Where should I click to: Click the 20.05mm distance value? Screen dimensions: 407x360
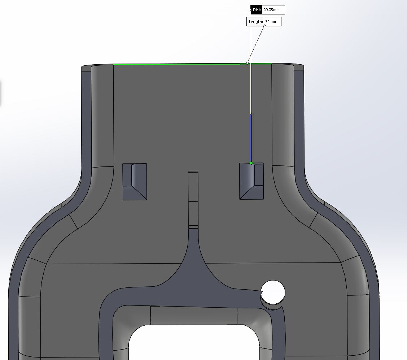[271, 10]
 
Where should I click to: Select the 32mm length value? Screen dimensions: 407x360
[271, 22]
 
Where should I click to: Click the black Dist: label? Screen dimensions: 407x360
[257, 10]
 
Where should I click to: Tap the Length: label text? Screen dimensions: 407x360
[256, 22]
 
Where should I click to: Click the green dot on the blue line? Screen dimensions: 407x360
[251, 163]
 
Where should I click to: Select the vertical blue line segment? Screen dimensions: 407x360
[251, 138]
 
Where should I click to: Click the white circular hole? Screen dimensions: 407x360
[273, 292]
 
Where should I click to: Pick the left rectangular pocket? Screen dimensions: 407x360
[135, 182]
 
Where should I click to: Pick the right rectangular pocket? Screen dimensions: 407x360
[251, 181]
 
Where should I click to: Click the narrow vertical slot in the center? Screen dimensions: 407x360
[193, 199]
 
